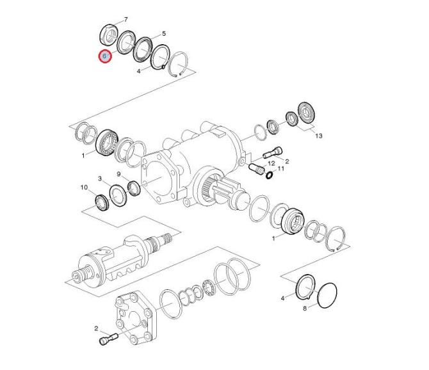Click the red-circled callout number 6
tap(105, 56)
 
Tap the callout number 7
tap(126, 20)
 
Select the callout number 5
tap(164, 34)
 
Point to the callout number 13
tap(319, 136)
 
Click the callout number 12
tap(271, 163)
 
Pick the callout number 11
tap(280, 168)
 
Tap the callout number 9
tap(118, 174)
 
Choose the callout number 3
tap(100, 179)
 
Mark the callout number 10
tap(84, 188)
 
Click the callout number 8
tap(305, 309)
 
